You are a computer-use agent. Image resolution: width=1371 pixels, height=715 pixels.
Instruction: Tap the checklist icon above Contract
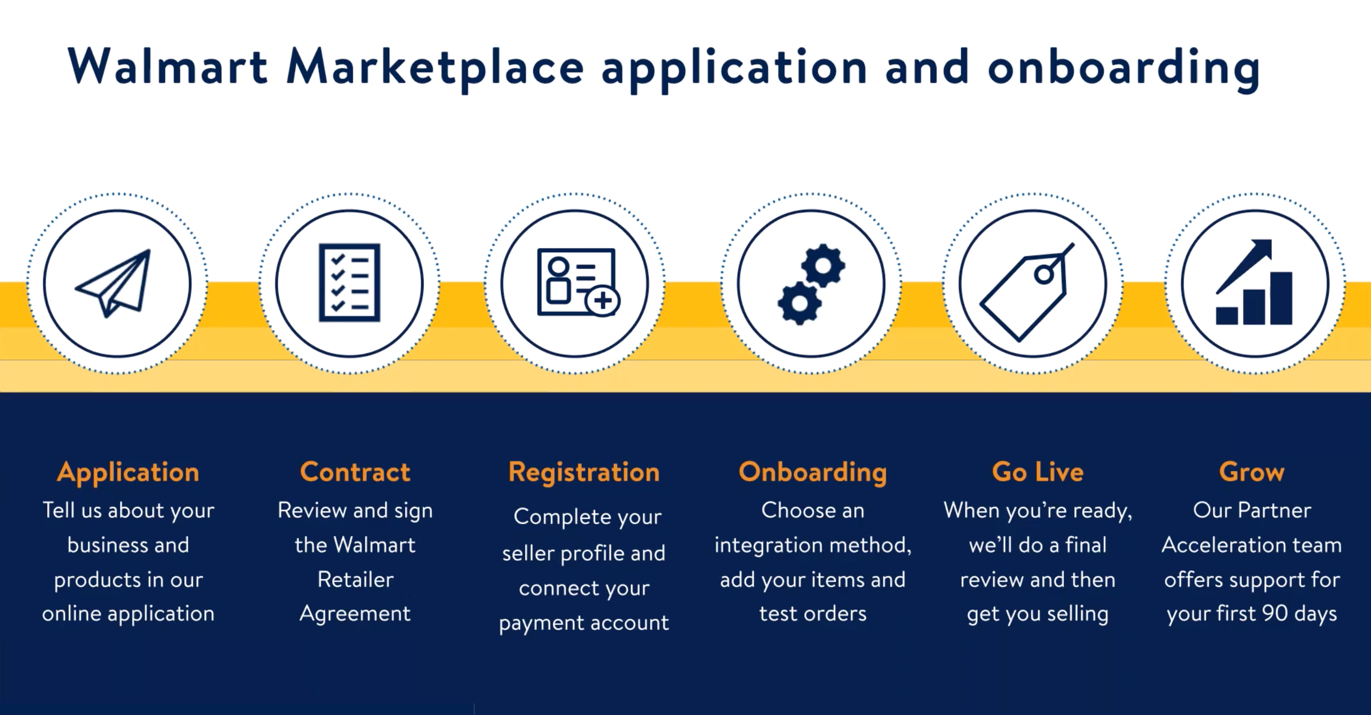pyautogui.click(x=349, y=283)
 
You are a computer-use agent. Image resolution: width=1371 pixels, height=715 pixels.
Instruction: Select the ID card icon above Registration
pyautogui.click(x=576, y=282)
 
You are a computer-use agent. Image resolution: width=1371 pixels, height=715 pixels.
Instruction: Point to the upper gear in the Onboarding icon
pyautogui.click(x=823, y=266)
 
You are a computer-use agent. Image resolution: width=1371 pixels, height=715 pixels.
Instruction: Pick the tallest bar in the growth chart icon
pyautogui.click(x=1281, y=298)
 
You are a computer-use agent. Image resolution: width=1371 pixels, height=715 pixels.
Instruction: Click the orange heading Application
pyautogui.click(x=128, y=473)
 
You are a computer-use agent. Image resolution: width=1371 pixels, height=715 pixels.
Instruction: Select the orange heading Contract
pyautogui.click(x=355, y=472)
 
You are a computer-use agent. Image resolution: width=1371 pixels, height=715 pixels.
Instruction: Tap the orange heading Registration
pyautogui.click(x=584, y=473)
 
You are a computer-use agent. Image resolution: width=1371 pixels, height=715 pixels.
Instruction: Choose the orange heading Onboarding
pyautogui.click(x=812, y=473)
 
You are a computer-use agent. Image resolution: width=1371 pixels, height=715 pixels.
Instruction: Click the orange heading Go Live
pyautogui.click(x=1037, y=472)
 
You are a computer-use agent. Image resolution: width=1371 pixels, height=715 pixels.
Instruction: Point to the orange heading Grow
pyautogui.click(x=1252, y=472)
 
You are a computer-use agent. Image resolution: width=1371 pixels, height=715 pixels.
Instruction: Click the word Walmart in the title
pyautogui.click(x=168, y=66)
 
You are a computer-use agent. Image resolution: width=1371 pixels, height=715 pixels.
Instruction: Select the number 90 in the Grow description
pyautogui.click(x=1275, y=613)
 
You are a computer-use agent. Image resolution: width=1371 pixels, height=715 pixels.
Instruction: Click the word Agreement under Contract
pyautogui.click(x=355, y=614)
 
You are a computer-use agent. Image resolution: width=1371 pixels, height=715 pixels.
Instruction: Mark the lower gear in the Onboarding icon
pyautogui.click(x=799, y=303)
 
